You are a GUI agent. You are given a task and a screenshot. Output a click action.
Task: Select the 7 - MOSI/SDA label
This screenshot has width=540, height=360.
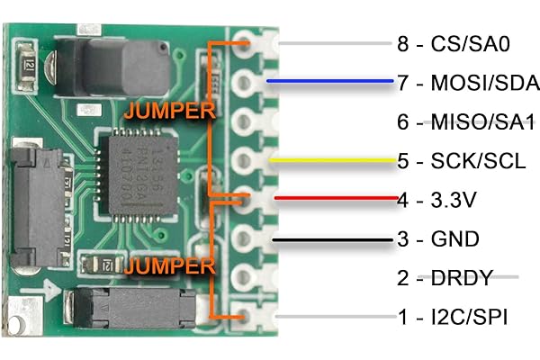point(468,83)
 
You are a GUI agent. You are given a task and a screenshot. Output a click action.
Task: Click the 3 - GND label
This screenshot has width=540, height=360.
point(439,239)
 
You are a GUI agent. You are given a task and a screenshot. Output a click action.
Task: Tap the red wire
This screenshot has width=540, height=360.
point(333,199)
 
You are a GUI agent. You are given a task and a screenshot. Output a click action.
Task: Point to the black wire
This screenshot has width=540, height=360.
point(333,239)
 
